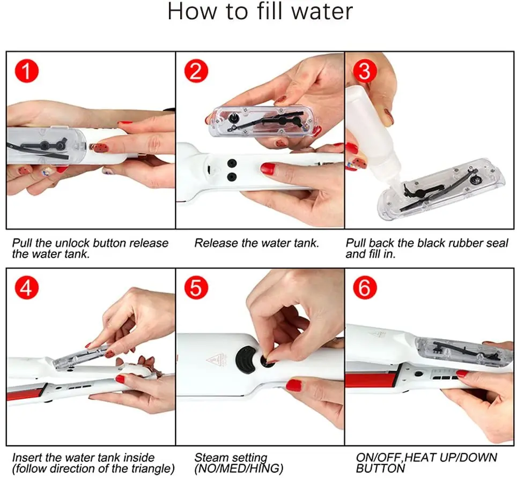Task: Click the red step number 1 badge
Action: [x=26, y=71]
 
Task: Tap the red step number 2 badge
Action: [x=196, y=71]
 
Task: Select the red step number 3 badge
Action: [x=365, y=71]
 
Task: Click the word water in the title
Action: [x=322, y=12]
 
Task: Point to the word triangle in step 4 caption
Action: [x=152, y=469]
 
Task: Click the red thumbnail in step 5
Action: [x=293, y=385]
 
